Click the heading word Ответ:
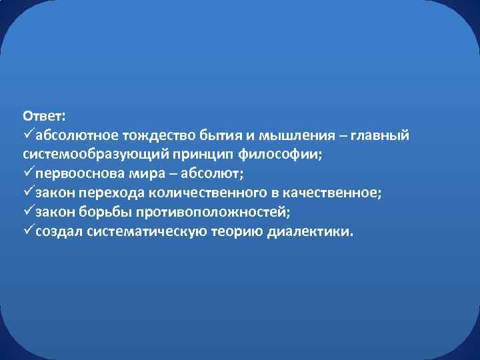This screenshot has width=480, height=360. pos(43,115)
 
